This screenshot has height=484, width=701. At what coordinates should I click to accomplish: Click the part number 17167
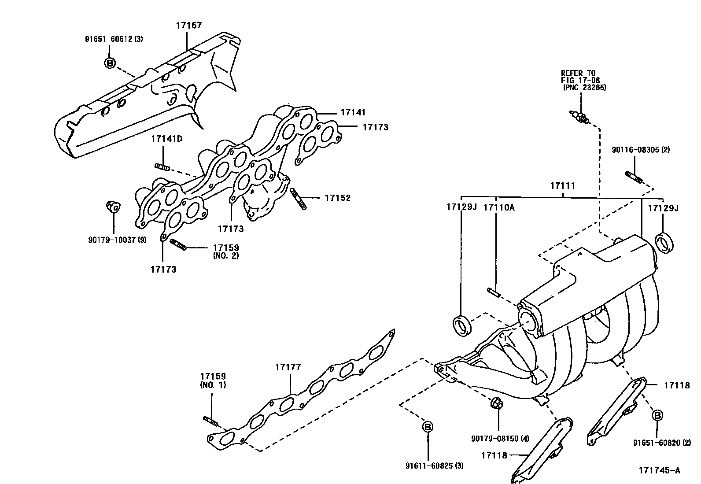pos(189,25)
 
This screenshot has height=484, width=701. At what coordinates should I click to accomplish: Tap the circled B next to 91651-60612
pos(110,63)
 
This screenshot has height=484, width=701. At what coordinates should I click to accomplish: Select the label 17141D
pos(166,139)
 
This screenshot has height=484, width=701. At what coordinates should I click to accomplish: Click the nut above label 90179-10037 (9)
pos(113,206)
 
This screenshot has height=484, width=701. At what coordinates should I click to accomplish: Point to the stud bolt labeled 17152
pos(298,199)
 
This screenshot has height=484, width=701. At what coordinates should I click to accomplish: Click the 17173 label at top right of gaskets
pos(375,127)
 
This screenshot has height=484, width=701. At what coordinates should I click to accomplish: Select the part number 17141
pos(353,113)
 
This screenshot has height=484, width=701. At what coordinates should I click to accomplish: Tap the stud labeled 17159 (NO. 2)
pos(178,244)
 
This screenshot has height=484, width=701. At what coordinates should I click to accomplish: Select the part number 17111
pos(562,186)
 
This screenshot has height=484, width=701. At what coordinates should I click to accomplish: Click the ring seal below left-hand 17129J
pos(462,326)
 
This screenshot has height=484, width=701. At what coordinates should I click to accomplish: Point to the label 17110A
pos(498,207)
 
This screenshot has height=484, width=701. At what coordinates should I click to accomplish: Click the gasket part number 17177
pos(288,366)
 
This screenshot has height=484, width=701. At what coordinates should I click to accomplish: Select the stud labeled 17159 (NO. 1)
pos(210,421)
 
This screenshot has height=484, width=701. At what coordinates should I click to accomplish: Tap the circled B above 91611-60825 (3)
pos(427,426)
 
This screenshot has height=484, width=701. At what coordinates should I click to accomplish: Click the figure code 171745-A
pos(659,470)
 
